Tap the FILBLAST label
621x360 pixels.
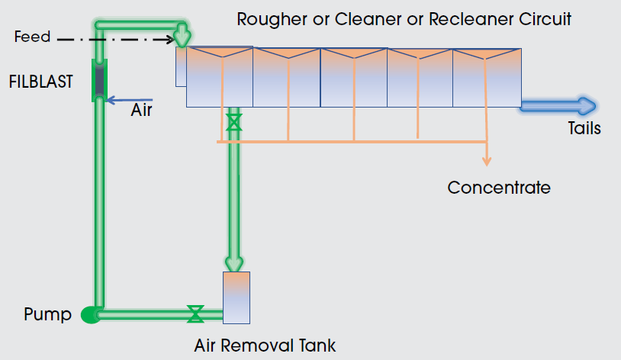(x=42, y=81)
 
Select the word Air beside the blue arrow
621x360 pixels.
(x=142, y=110)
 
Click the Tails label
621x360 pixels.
(x=584, y=128)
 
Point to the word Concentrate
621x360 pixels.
(x=499, y=187)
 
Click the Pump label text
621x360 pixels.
(x=47, y=314)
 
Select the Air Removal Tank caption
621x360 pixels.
(x=265, y=346)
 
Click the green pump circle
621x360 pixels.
(x=90, y=314)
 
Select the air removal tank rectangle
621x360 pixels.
(x=236, y=297)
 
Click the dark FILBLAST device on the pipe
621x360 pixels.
(x=98, y=79)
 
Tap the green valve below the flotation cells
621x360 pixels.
(x=233, y=123)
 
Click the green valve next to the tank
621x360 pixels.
(x=195, y=313)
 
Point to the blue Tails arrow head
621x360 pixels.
(x=588, y=106)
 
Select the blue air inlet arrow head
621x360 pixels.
(x=111, y=99)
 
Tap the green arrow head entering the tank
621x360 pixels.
(x=235, y=265)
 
